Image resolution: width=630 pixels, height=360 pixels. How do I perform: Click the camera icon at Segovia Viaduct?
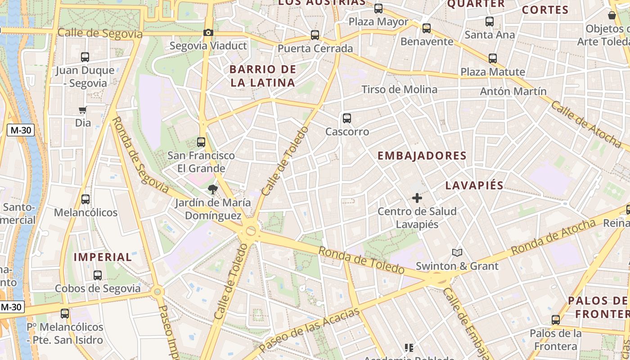[x=208, y=32]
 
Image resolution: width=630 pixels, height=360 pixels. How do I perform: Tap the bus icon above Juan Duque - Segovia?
[x=85, y=57]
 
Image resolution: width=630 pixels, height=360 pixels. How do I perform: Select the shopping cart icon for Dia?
[x=82, y=110]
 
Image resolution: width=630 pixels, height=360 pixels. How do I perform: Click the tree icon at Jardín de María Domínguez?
[x=212, y=190]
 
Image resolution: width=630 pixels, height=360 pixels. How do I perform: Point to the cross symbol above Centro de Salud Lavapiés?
[x=417, y=198]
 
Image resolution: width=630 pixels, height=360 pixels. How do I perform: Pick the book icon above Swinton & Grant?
[x=457, y=252]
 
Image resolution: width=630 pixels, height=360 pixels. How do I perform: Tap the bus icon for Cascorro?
[x=346, y=118]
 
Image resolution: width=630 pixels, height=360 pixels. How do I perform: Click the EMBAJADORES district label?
[x=422, y=156]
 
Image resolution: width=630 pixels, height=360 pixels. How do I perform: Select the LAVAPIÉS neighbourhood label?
[x=474, y=185]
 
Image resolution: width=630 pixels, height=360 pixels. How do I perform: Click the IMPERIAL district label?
[x=103, y=257]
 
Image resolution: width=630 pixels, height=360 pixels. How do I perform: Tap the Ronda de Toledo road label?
[x=361, y=261]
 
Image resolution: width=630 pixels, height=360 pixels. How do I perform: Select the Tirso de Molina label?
[x=399, y=90]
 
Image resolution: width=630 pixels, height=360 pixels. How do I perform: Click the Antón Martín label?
[x=513, y=91]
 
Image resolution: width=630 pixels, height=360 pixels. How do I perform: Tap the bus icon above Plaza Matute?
[x=493, y=58]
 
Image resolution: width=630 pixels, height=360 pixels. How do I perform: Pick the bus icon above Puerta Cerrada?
[x=315, y=35]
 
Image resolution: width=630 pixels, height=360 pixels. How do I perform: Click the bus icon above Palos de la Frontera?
[x=556, y=320]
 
